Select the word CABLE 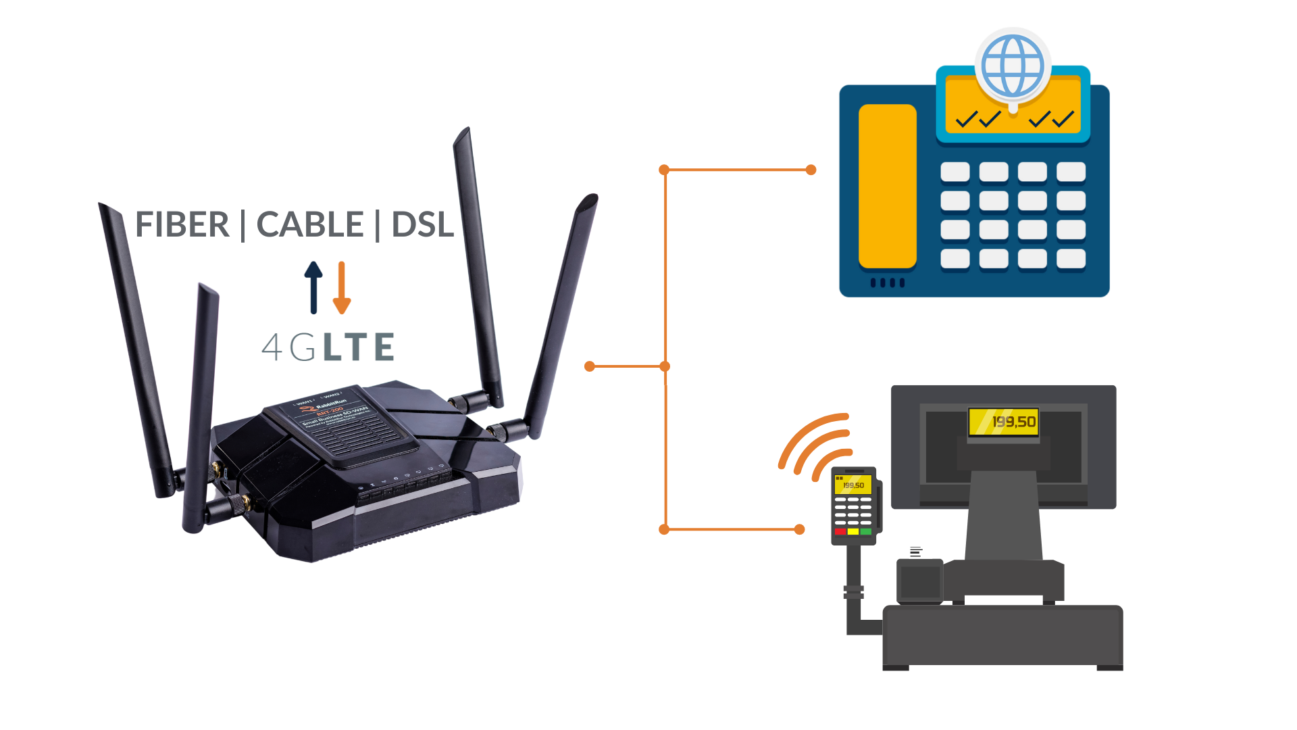coord(310,224)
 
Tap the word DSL coord(422,224)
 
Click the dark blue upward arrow coord(313,287)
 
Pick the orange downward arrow coord(342,287)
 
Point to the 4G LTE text coord(328,347)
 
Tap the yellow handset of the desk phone coord(887,186)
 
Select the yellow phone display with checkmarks coord(1013,108)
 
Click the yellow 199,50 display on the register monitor coord(1004,422)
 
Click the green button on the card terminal coord(865,532)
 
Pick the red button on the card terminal coord(840,532)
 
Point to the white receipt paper coord(919,552)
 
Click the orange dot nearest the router coord(590,366)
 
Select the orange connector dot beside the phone coord(811,170)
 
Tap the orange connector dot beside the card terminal coord(800,529)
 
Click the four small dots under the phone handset coord(887,283)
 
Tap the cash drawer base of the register coord(1002,635)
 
